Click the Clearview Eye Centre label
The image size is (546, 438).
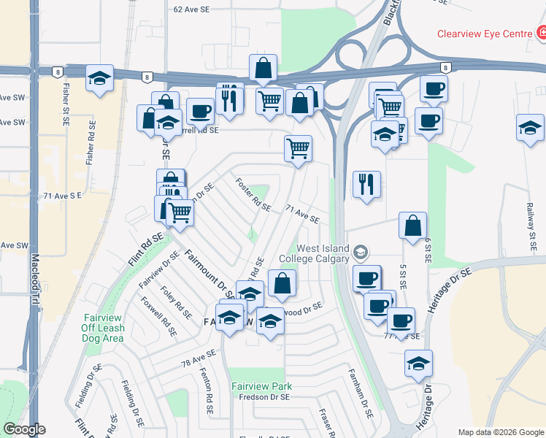(x=485, y=34)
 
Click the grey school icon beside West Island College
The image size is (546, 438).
(x=360, y=253)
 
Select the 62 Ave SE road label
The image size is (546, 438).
(x=192, y=9)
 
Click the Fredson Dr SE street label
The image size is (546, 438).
(x=265, y=396)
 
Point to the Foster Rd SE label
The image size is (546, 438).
(x=253, y=194)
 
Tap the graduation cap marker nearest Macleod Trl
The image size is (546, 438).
(x=99, y=80)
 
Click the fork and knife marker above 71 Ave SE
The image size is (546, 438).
(x=365, y=183)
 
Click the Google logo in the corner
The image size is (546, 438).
(x=25, y=430)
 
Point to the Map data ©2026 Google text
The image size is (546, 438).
(x=499, y=431)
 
